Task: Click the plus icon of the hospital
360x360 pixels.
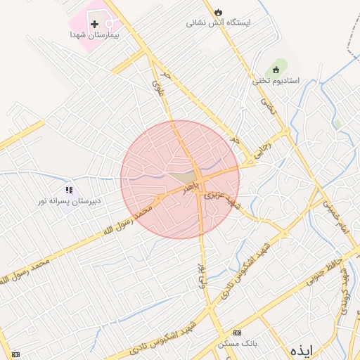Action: [95, 24]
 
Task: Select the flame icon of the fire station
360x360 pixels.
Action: [219, 12]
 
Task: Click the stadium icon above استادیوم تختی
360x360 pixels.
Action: [276, 70]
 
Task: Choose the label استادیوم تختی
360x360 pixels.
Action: [276, 81]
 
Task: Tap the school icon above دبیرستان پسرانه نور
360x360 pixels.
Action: [69, 190]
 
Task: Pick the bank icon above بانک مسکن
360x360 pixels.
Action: [236, 333]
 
